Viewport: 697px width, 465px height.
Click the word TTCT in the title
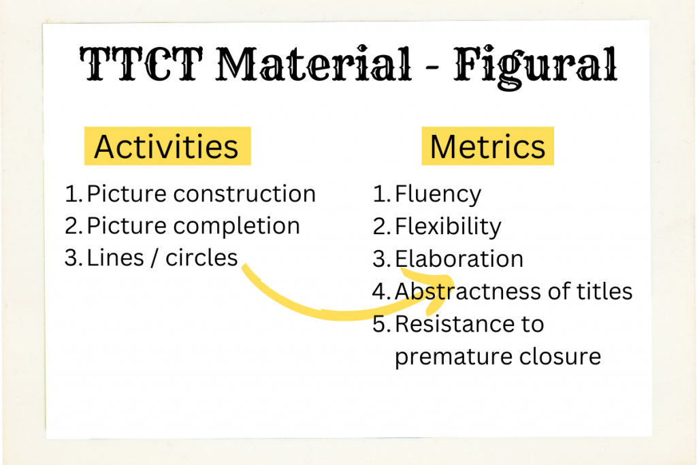pos(141,64)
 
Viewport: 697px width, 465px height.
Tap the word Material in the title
pos(314,64)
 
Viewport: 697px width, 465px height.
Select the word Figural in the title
pos(536,67)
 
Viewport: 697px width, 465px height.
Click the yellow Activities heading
pos(167,146)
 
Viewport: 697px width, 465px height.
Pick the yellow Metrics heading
pos(487,146)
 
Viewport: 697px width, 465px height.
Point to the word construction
pos(244,194)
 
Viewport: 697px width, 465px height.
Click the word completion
pos(236,226)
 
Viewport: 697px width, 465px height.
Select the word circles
pos(201,258)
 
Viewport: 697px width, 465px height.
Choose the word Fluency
pos(438,195)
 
